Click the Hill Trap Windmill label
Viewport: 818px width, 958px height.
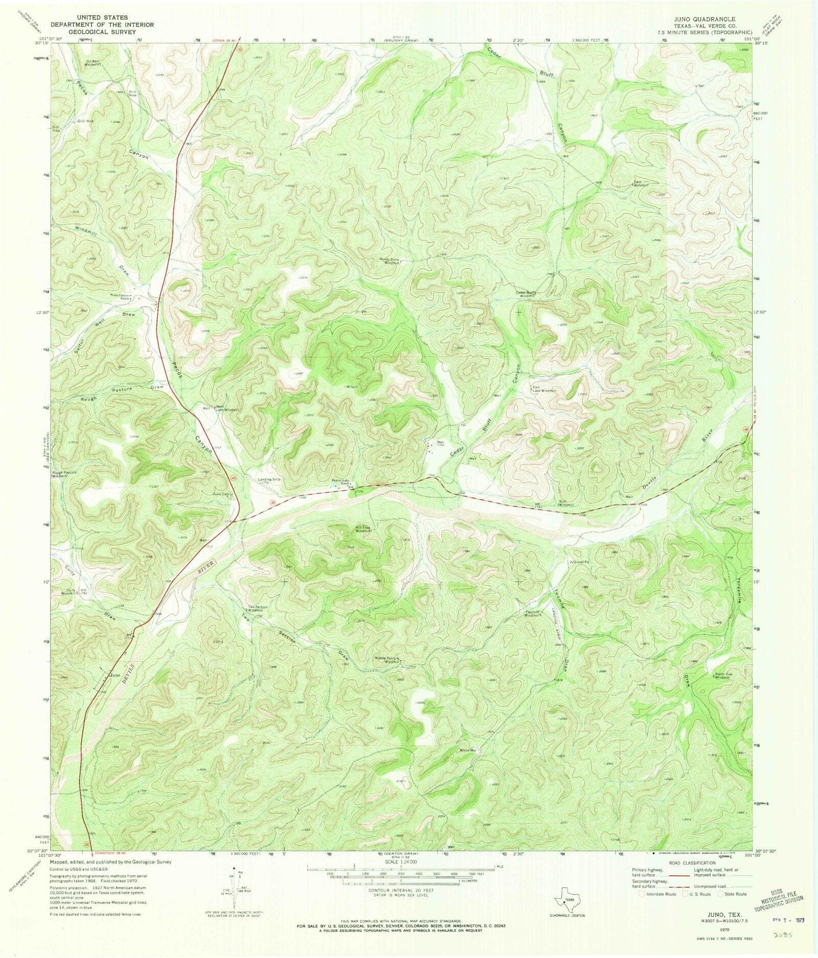[367, 530]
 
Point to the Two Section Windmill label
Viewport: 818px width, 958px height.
[258, 609]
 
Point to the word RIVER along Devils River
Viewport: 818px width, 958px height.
[208, 564]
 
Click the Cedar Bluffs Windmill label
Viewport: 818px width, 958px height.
[525, 294]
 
